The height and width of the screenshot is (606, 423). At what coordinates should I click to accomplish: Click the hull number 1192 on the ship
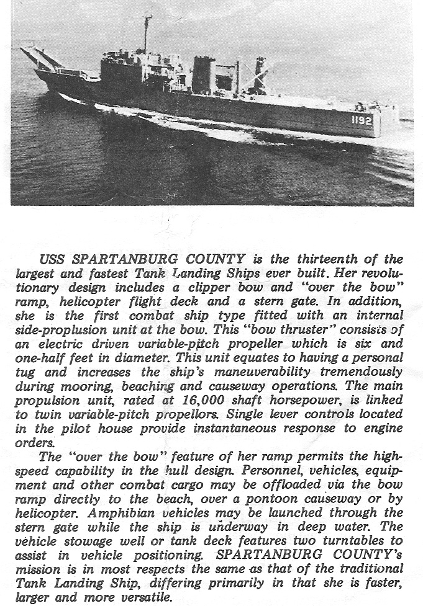(x=362, y=120)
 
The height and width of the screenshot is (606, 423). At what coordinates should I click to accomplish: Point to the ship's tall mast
(x=147, y=34)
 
